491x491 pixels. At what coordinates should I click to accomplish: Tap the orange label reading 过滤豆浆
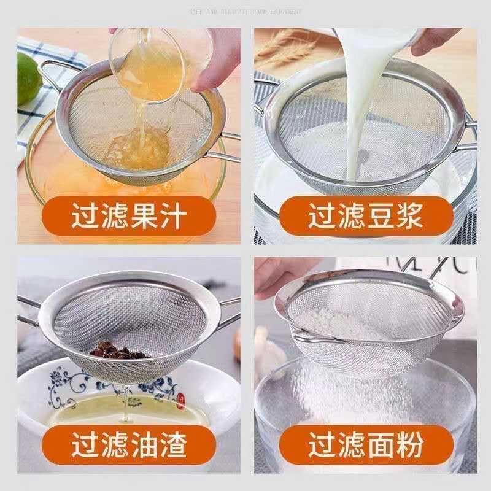366,216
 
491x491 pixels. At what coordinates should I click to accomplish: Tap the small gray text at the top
245,11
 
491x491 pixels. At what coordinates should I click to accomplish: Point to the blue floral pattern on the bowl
68,384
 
